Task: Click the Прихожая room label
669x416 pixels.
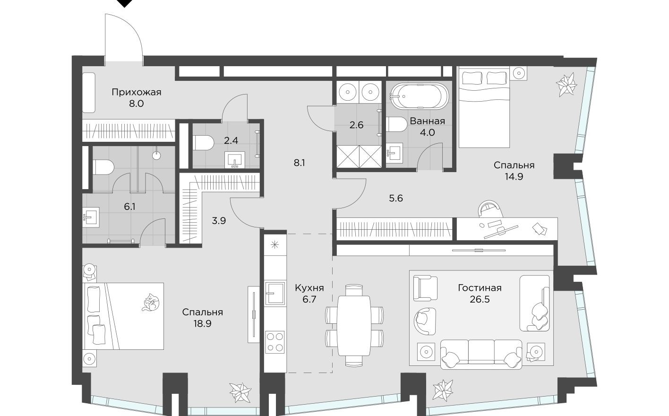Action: (136, 92)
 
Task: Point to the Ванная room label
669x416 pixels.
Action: (427, 121)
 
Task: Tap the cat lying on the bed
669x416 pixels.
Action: (151, 302)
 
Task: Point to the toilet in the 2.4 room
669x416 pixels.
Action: (201, 143)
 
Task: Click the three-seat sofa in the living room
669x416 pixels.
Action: (481, 354)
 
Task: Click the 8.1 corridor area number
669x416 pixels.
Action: (300, 163)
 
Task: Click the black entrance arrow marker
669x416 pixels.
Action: (124, 3)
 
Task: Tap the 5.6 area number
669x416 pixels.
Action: (395, 199)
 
